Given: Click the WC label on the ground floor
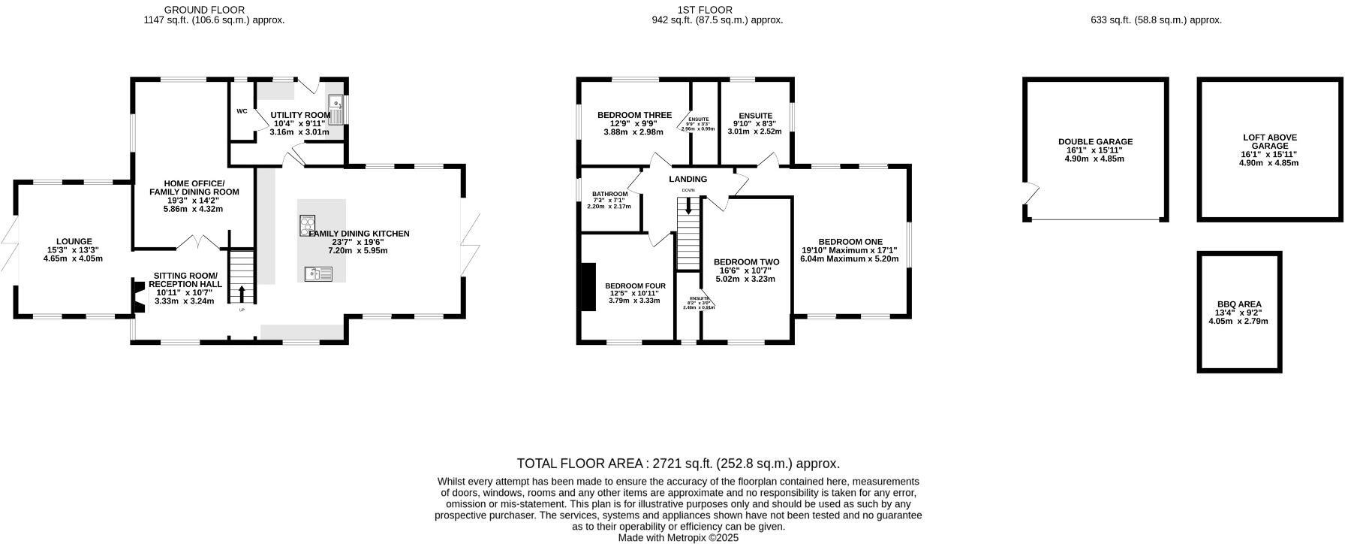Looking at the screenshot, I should pos(242,111).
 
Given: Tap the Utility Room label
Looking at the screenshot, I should pos(300,115).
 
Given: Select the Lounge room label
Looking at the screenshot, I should pos(74,242).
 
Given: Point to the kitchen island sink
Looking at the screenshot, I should pos(318,274).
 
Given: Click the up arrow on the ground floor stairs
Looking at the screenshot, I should pos(242,292).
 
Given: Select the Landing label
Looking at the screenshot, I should pos(688,179).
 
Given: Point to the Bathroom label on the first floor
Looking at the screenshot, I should pos(609,194).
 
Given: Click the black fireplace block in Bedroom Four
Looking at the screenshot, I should pos(588,286).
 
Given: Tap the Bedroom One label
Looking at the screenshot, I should pos(850,241).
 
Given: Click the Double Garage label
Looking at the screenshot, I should pos(1095,141).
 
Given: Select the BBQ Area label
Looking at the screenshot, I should pos(1238,304).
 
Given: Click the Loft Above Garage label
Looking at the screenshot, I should pos(1269,142).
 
